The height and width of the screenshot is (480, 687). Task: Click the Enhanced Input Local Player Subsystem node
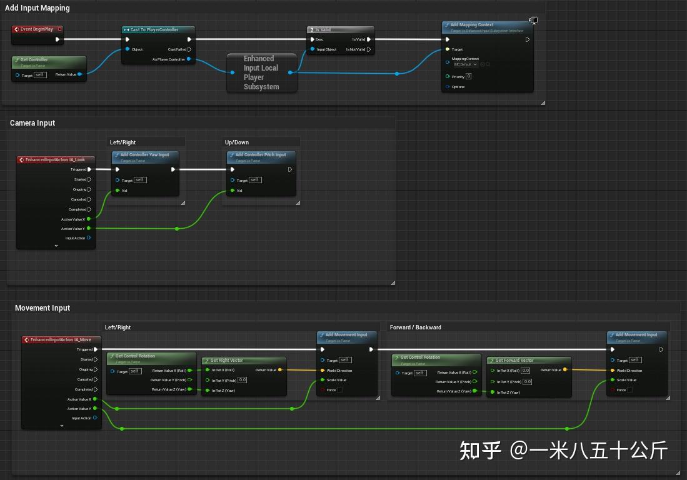[261, 72]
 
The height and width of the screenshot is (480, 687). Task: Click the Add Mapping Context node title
[472, 26]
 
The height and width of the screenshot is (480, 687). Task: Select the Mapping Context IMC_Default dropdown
[465, 64]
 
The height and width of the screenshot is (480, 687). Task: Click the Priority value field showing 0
[468, 76]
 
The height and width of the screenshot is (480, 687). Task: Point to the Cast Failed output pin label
[177, 49]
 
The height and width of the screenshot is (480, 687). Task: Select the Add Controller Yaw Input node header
[144, 155]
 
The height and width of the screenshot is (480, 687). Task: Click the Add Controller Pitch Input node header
[261, 155]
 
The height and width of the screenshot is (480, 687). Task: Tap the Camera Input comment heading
[33, 123]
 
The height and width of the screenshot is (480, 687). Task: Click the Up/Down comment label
[237, 142]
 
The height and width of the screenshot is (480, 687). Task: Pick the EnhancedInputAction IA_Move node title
[61, 340]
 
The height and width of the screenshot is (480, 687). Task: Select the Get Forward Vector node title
[514, 361]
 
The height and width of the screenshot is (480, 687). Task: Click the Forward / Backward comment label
[416, 327]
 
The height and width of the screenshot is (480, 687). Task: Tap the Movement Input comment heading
[43, 308]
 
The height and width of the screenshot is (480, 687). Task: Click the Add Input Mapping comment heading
[38, 8]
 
